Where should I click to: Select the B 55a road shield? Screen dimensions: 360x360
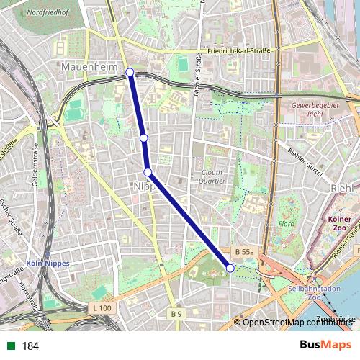pos(244,252)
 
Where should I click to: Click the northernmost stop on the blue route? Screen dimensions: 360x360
pos(130,71)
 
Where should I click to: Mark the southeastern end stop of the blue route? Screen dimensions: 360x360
pos(230,268)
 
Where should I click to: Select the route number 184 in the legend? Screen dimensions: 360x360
pos(30,346)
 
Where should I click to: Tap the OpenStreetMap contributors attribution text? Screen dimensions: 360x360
pos(295,323)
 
